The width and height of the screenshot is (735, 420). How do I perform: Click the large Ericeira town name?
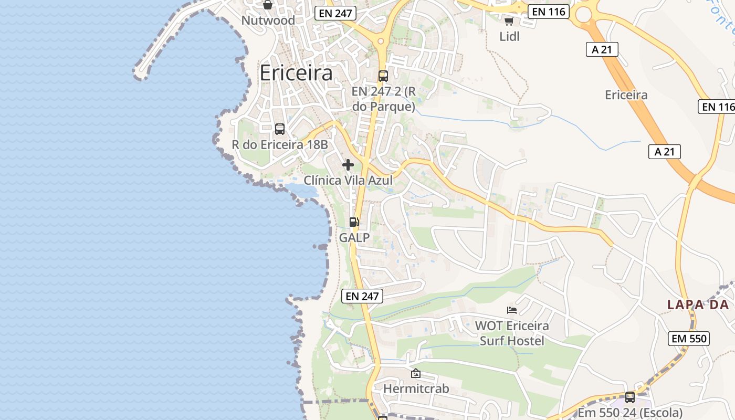point(296,73)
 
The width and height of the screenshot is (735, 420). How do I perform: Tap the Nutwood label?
point(268,20)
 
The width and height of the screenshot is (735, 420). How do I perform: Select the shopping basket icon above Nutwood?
point(268,5)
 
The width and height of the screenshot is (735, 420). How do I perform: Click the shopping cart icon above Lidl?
point(509,21)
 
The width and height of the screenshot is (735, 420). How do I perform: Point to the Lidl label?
point(509,36)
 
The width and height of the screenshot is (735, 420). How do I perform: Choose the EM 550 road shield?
point(689,339)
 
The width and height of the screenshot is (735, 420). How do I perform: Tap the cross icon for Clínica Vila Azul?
point(348,165)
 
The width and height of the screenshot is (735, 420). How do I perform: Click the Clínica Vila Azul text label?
point(348,180)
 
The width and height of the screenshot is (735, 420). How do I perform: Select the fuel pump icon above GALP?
point(354,222)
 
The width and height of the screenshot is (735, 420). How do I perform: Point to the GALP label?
point(354,237)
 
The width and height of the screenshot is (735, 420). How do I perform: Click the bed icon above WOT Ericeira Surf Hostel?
point(512,310)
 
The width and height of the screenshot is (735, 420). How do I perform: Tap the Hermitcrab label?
point(416,388)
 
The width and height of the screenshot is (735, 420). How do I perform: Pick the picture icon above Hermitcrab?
point(416,373)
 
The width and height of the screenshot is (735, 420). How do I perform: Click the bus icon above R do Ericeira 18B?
point(280,129)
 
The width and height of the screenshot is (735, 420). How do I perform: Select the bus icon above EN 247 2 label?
point(383,76)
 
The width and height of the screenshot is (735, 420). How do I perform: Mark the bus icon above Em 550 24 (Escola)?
point(630,397)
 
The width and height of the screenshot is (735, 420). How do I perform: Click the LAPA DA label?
point(698,304)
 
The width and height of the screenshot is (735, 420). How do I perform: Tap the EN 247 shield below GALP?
point(362,296)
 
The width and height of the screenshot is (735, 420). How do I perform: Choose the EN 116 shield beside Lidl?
point(549,12)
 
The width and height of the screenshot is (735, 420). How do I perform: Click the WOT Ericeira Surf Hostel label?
point(512,333)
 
